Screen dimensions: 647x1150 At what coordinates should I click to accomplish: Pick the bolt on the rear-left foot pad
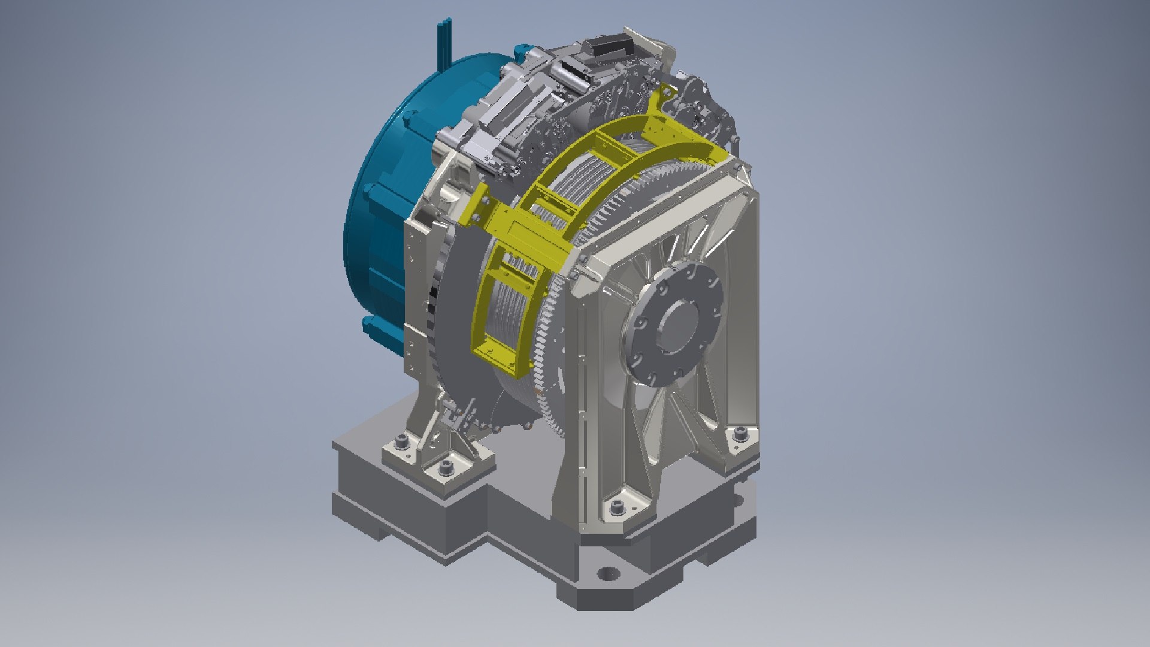tap(401, 444)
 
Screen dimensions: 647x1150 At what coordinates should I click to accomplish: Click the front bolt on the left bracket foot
tap(444, 467)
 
